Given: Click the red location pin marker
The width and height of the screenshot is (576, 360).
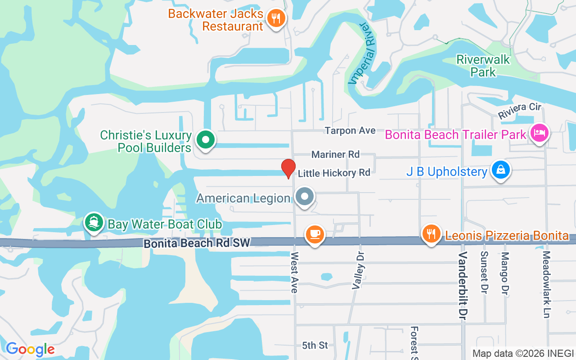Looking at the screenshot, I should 288,169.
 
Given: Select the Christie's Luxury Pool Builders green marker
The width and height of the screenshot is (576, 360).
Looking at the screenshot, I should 206,140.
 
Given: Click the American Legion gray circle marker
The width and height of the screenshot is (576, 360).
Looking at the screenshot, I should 305,197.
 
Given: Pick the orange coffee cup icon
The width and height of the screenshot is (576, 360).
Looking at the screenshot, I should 315,234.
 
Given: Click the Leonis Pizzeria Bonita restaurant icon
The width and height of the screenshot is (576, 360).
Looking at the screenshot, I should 432,234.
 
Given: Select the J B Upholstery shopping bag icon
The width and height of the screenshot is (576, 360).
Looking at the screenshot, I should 500,170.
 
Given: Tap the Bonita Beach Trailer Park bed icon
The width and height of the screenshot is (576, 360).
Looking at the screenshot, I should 539,133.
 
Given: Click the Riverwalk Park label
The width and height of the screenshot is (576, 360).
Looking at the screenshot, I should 483,66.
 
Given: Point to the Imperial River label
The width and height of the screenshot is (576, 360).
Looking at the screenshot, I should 364,54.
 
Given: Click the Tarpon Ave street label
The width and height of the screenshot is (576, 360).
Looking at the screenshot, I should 350,130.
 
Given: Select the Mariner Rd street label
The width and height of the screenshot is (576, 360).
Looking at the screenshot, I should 336,154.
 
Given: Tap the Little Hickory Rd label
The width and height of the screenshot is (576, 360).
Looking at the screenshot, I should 334,173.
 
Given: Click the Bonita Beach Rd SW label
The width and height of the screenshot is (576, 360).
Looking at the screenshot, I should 197,243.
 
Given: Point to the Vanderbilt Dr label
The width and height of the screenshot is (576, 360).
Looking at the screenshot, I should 462,286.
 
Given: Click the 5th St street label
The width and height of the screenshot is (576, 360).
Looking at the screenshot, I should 315,345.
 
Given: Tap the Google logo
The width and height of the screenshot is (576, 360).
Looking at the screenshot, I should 30,349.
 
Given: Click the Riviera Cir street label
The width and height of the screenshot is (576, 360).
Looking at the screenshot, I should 519,111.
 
